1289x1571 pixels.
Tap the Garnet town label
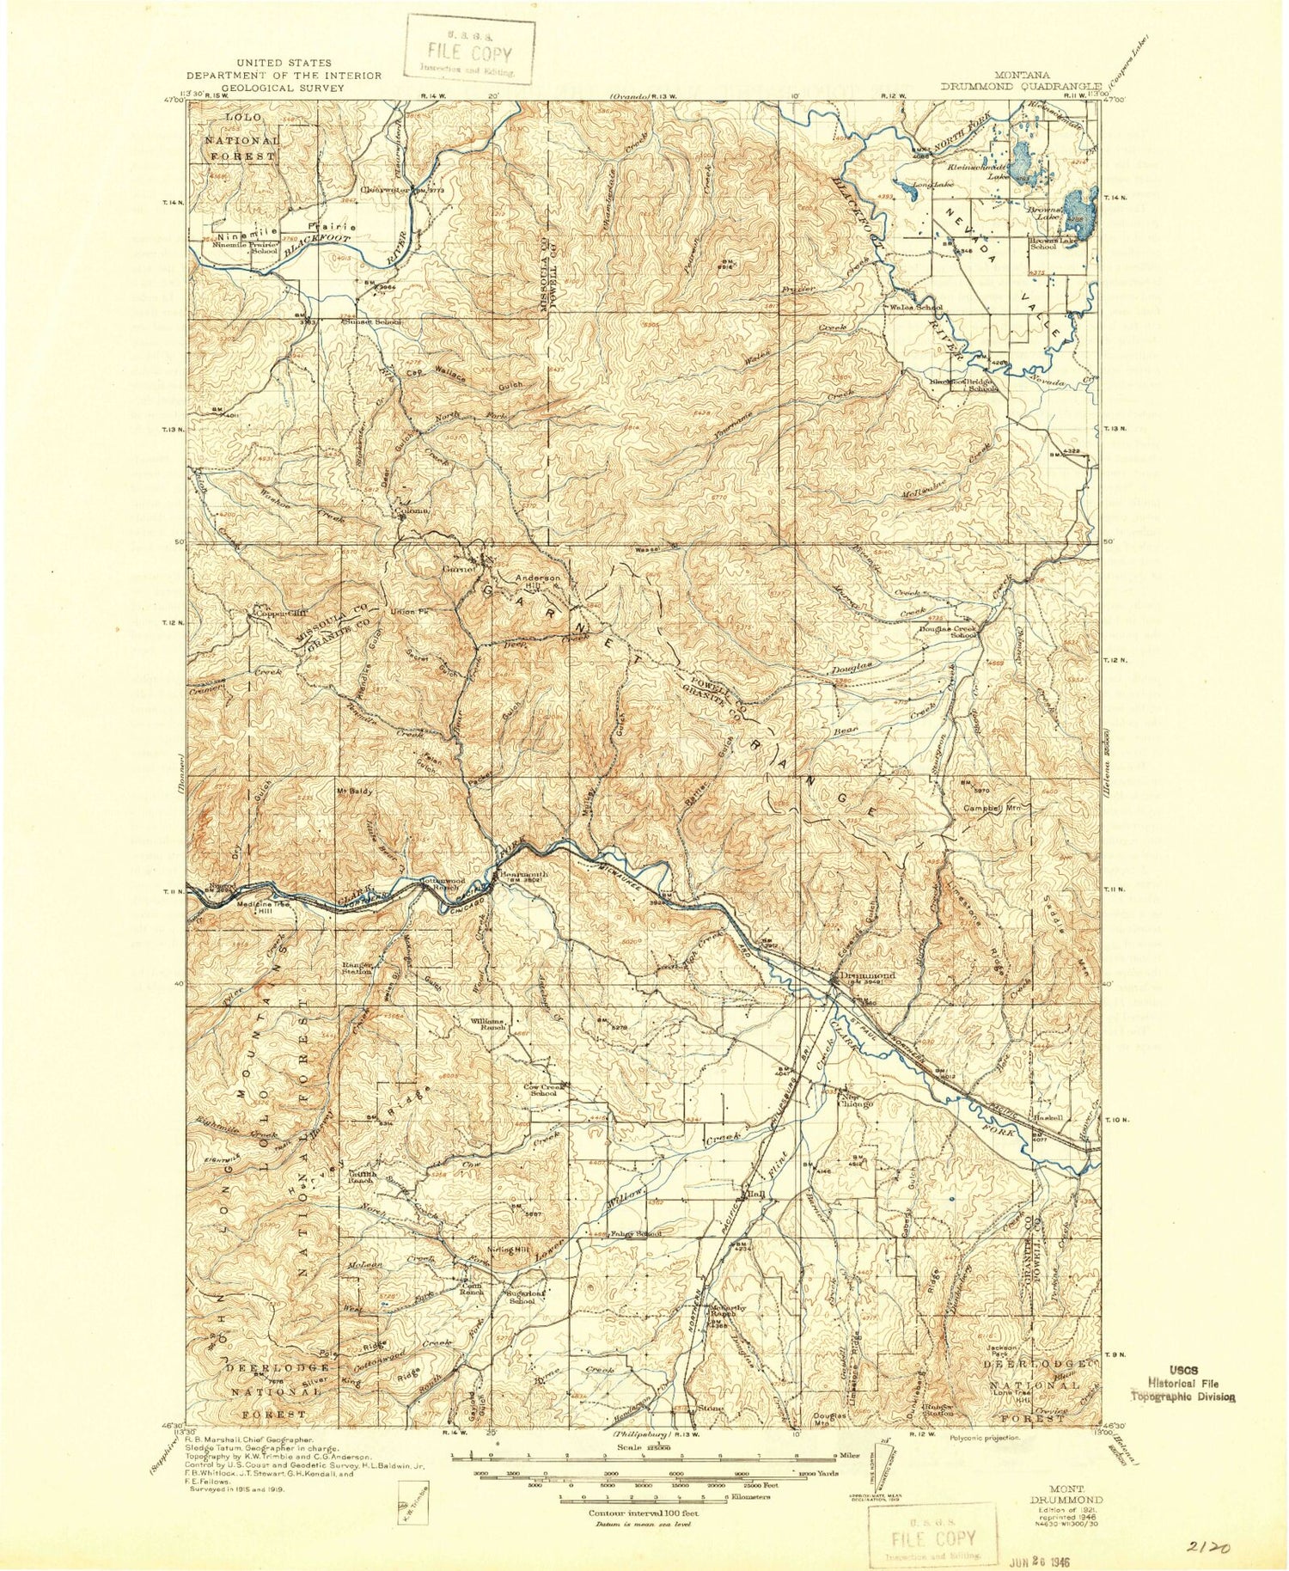click(x=459, y=568)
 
